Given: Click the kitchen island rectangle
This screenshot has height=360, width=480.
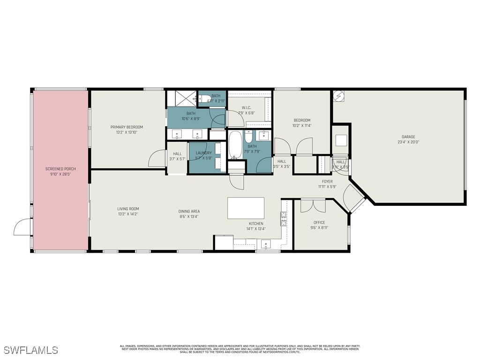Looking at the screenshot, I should [246, 208].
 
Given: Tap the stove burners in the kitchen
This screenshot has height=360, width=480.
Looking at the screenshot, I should [284, 218].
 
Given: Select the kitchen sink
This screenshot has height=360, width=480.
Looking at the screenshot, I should [266, 244].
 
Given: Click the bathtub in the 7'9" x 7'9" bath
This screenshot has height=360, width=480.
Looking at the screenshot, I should [234, 145].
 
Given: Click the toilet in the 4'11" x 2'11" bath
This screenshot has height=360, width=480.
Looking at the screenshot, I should [205, 99].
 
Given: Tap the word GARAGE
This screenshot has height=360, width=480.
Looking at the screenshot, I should [408, 137].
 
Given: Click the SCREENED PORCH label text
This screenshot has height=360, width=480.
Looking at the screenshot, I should [60, 169].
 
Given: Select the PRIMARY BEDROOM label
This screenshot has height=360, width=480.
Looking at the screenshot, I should [127, 127].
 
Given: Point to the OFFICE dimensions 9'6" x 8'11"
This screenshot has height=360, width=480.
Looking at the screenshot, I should [319, 227].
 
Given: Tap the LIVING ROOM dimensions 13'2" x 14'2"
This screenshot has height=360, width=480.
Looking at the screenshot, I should [128, 214].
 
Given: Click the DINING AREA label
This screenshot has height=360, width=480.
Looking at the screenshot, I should [189, 211].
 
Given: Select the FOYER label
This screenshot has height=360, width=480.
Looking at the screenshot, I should [327, 181].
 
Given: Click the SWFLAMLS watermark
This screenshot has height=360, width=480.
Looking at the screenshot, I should [31, 350].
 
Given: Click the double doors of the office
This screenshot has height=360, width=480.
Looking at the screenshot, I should [313, 205].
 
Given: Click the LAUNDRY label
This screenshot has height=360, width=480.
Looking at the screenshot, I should [203, 153].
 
